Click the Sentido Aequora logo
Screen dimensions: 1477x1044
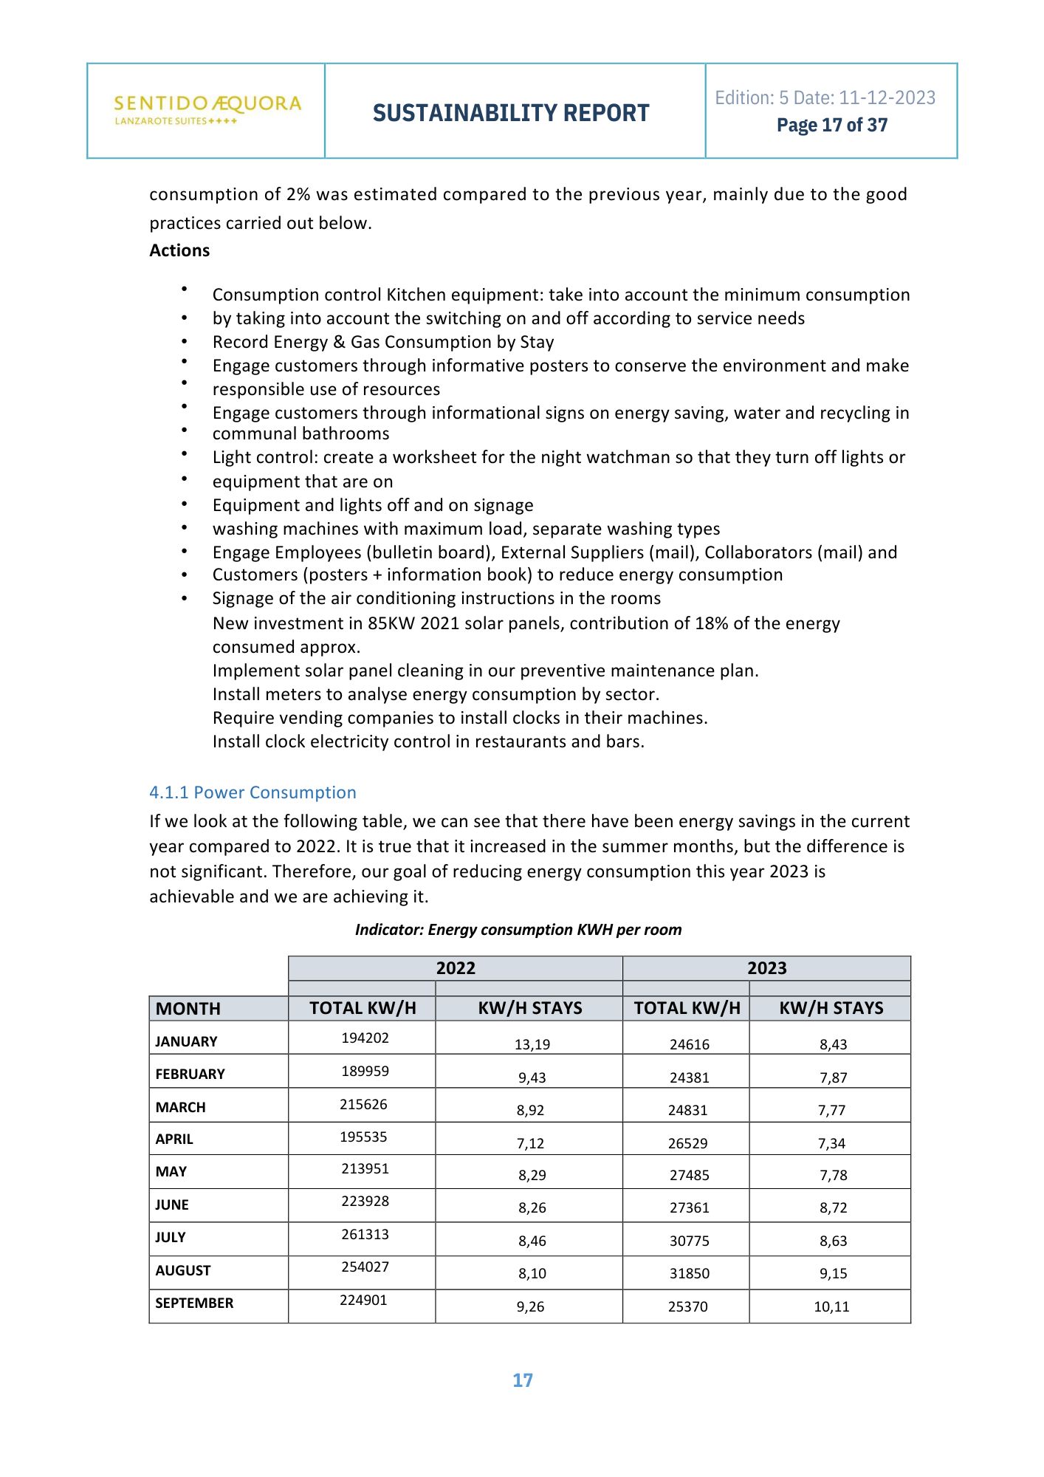[207, 109]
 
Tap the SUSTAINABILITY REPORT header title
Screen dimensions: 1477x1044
[511, 113]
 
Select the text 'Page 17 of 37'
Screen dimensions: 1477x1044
[831, 126]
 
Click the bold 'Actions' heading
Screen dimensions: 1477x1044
[179, 250]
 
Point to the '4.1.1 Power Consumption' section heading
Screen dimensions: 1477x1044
[253, 792]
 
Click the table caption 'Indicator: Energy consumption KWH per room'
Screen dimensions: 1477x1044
[518, 930]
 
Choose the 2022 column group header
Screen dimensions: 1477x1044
[456, 968]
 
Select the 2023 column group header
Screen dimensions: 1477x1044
[766, 968]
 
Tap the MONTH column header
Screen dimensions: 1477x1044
[188, 1009]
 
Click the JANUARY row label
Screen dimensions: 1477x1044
[186, 1041]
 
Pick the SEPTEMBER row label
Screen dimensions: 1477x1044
[194, 1303]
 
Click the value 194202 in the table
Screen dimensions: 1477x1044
[365, 1038]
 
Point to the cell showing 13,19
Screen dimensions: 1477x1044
[532, 1044]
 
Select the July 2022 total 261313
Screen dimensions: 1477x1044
[365, 1234]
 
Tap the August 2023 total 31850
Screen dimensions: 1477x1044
[689, 1273]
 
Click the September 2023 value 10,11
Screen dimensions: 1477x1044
[831, 1306]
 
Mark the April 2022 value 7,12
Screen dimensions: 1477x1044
[530, 1143]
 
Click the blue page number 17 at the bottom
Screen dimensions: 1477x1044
[523, 1380]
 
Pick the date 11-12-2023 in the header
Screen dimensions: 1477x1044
[887, 97]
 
